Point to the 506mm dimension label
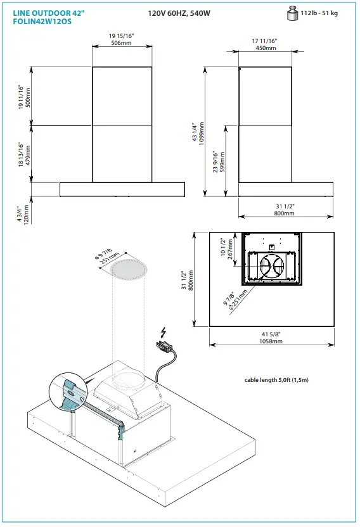tap(122, 43)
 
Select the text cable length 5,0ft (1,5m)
tap(276, 380)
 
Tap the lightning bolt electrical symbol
tap(164, 332)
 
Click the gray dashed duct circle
tap(129, 269)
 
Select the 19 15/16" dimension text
tap(122, 37)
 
